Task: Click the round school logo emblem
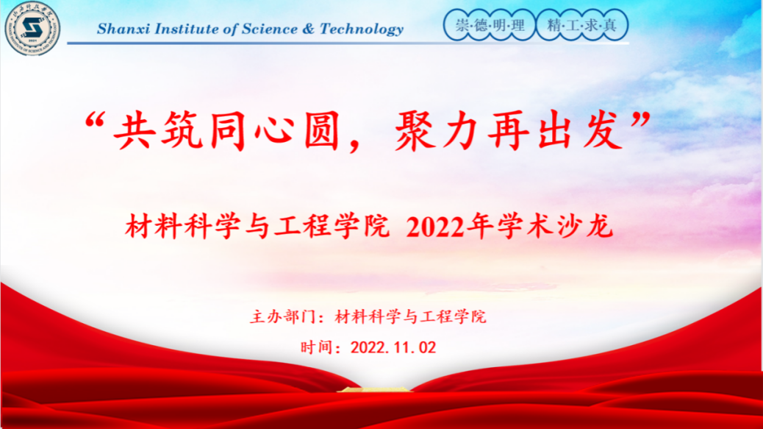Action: pyautogui.click(x=32, y=28)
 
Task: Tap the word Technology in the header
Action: pyautogui.click(x=362, y=29)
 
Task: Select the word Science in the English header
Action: pyautogui.click(x=270, y=29)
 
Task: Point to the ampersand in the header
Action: pyautogui.click(x=309, y=29)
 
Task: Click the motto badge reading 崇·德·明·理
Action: pyautogui.click(x=490, y=25)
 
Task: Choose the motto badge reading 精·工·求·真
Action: pyautogui.click(x=582, y=25)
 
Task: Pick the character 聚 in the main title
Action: pyautogui.click(x=415, y=130)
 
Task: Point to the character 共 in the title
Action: pyautogui.click(x=132, y=130)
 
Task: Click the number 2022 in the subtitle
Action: pyautogui.click(x=434, y=227)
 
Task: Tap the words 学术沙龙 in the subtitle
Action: pyautogui.click(x=555, y=227)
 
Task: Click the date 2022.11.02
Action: pyautogui.click(x=393, y=347)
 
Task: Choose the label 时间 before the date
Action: pyautogui.click(x=317, y=347)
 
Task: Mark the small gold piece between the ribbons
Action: pyautogui.click(x=373, y=389)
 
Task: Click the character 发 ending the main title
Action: pyautogui.click(x=603, y=130)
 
